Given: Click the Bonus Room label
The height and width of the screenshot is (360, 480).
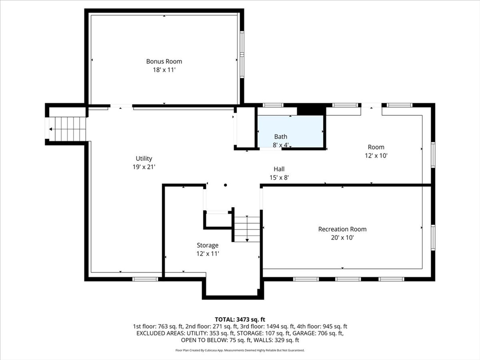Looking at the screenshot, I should (x=164, y=61).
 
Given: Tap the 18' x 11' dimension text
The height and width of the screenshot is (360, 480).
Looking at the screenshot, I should (x=164, y=70).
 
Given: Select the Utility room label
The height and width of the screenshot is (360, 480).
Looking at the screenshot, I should (x=144, y=158).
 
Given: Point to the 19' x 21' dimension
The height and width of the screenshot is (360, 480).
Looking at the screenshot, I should (x=144, y=167).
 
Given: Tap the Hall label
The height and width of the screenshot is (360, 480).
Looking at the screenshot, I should (x=279, y=169).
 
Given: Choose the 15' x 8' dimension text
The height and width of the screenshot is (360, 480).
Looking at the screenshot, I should (x=279, y=178).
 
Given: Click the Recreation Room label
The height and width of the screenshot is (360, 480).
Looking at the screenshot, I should (x=342, y=229).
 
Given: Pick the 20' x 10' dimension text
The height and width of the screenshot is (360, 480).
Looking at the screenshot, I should (x=342, y=238).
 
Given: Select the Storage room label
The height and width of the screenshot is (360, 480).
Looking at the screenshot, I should (x=207, y=245).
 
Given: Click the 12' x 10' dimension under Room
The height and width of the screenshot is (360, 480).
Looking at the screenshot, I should (x=376, y=156).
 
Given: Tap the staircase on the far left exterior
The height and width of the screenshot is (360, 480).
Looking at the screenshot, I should (x=68, y=129).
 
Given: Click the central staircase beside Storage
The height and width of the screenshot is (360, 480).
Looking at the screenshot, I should (x=247, y=229).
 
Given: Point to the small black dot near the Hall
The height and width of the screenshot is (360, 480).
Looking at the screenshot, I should (x=225, y=185).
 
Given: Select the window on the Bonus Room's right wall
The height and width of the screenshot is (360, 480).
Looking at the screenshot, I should (x=242, y=55).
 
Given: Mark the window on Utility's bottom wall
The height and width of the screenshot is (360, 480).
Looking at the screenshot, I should (x=145, y=279).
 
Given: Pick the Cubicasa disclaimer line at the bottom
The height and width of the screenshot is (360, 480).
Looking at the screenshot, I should (x=240, y=350).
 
